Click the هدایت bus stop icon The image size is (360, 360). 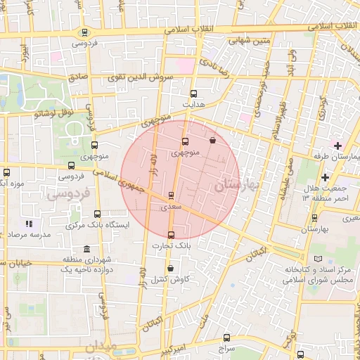click(x=193, y=93)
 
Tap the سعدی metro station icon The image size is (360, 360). click(x=171, y=196)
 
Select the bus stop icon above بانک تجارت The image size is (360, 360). click(x=171, y=235)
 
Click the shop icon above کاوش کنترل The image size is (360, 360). click(x=171, y=268)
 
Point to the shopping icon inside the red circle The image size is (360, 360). click(x=212, y=140)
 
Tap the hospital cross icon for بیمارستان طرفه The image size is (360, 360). click(x=337, y=145)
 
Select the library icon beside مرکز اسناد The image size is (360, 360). click(x=320, y=259)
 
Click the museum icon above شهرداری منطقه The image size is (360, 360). click(x=86, y=250)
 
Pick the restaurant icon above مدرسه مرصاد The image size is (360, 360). click(x=29, y=224)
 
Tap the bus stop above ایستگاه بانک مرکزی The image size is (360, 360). click(x=97, y=214)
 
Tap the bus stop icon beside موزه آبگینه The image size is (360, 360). click(x=7, y=172)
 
